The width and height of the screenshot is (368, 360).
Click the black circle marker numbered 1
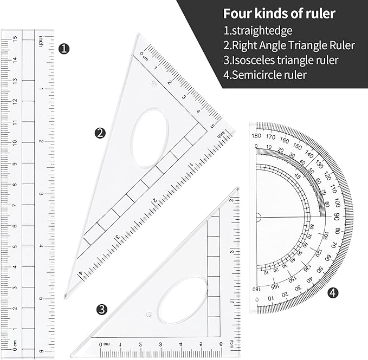point(64,49)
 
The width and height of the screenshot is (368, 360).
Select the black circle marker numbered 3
point(101,310)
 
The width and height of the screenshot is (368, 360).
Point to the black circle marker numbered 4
point(333,293)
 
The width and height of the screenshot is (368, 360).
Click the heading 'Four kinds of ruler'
point(279,13)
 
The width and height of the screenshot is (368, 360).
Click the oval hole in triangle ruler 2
point(150,138)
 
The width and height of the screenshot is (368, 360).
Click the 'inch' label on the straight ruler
point(41,42)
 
